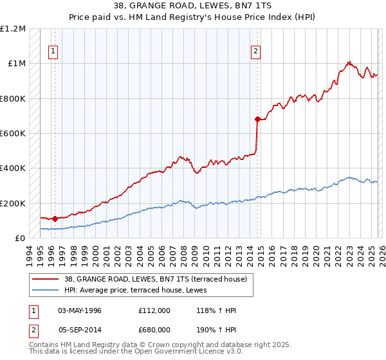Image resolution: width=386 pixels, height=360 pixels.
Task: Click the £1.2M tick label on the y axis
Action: click(x=13, y=29)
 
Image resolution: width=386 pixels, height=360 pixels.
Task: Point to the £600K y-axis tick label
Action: click(x=13, y=134)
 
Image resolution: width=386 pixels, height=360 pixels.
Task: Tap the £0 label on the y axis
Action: click(x=21, y=238)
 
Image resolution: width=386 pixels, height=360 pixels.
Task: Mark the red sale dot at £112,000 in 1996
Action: click(x=55, y=219)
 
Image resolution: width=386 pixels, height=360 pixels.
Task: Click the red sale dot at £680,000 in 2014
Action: click(x=257, y=120)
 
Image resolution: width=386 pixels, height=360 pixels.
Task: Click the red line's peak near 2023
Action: click(x=349, y=62)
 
